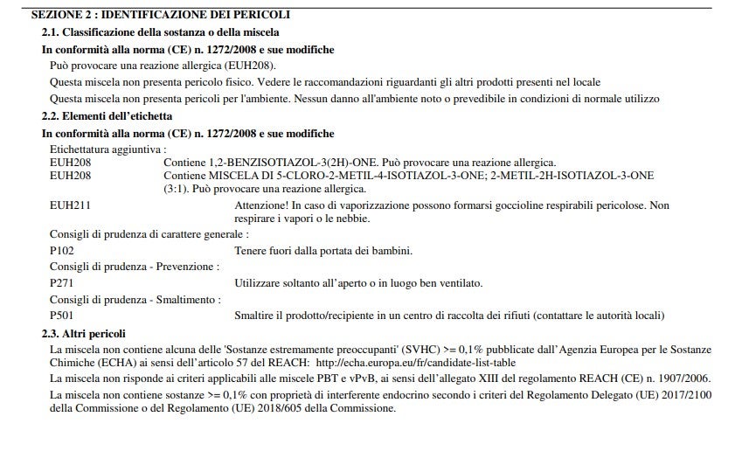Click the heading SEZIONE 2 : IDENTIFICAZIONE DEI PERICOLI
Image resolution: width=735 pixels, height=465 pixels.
coord(160,15)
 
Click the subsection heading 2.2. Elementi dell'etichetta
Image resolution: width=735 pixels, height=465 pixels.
coord(107,115)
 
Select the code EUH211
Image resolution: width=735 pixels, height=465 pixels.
coord(71,205)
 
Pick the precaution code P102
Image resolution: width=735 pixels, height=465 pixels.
coord(62,251)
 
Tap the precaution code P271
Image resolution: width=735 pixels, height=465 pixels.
coord(62,283)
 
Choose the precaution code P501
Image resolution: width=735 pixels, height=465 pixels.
coord(62,315)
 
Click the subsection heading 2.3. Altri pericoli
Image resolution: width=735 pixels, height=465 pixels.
coord(84,334)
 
